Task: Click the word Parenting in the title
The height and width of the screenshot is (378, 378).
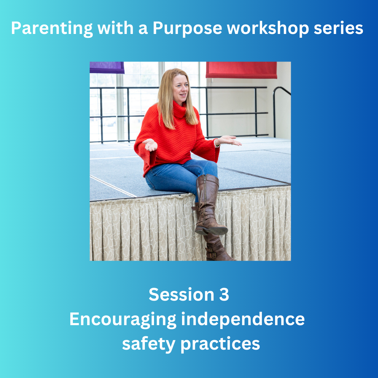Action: point(52,29)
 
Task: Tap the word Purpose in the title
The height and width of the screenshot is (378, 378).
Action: point(187,29)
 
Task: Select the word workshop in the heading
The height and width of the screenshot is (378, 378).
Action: point(268,28)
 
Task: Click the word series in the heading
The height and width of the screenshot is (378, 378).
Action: point(338,28)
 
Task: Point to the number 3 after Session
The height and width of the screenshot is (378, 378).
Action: point(224,294)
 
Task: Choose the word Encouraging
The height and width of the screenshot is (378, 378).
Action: point(123,320)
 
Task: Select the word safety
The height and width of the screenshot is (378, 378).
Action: point(148,344)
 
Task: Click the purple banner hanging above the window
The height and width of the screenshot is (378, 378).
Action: point(107,68)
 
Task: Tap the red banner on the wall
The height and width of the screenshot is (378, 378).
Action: point(241,70)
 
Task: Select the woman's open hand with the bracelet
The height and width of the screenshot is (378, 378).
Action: point(228,140)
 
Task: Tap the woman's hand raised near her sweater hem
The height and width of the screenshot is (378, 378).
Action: point(150,145)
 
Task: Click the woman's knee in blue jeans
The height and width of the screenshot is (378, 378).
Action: point(209,167)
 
